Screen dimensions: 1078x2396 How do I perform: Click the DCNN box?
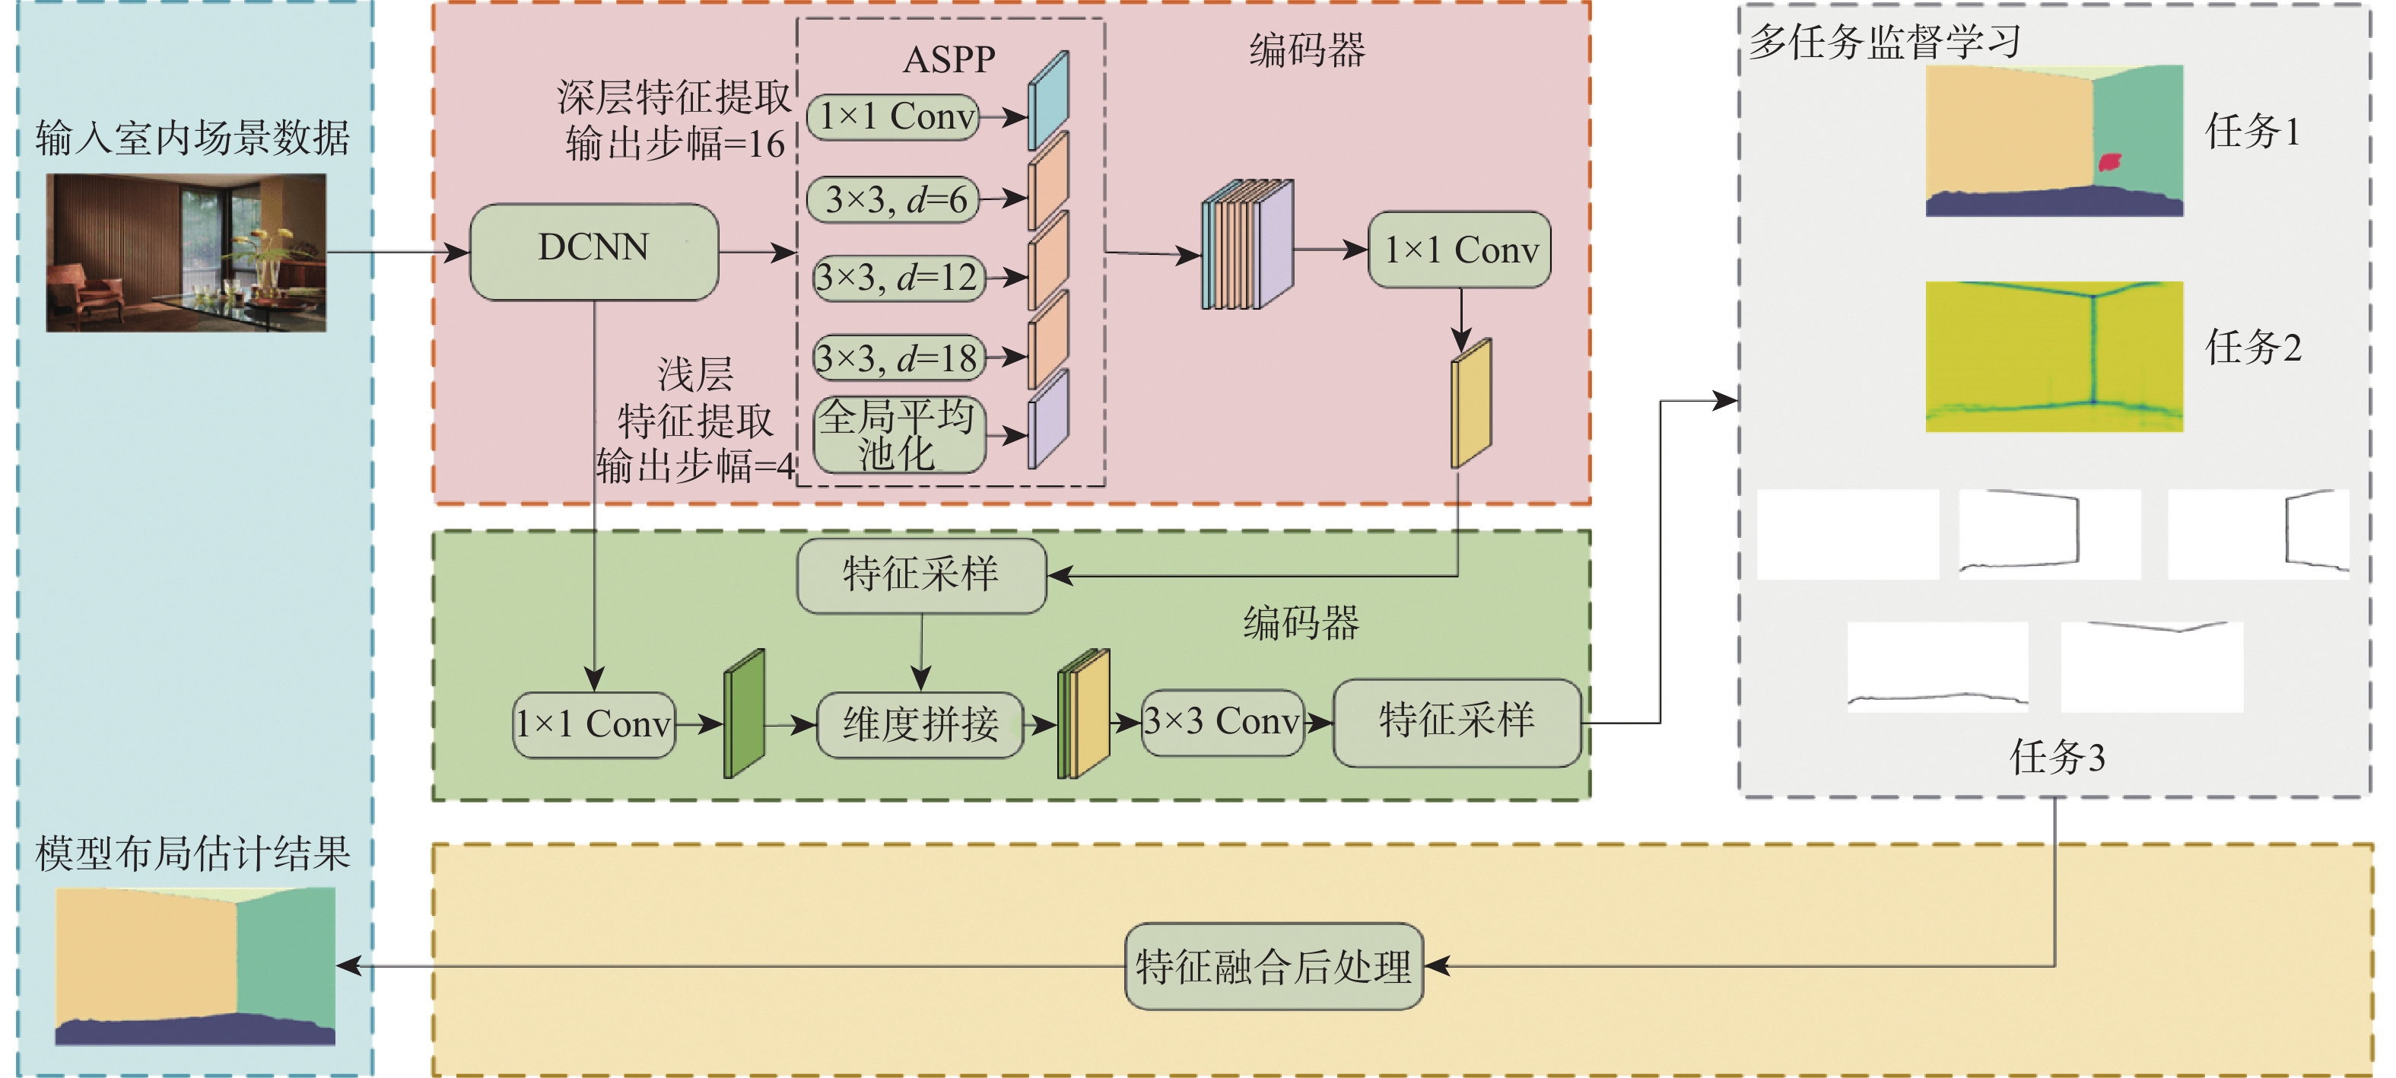pyautogui.click(x=593, y=251)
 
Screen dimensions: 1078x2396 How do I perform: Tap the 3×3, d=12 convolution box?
pyautogui.click(x=898, y=277)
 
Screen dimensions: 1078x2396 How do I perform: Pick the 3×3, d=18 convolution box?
pyautogui.click(x=898, y=357)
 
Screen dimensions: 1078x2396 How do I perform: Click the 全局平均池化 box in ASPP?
pyautogui.click(x=898, y=434)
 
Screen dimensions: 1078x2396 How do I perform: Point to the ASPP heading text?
pyautogui.click(x=949, y=59)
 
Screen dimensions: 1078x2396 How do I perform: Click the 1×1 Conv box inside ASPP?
pyautogui.click(x=893, y=117)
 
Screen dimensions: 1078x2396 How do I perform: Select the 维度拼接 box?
pyautogui.click(x=920, y=723)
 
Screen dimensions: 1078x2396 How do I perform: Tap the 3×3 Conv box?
pyautogui.click(x=1222, y=722)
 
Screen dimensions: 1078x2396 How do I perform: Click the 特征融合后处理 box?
pyautogui.click(x=1273, y=966)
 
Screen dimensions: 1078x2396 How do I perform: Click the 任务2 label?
pyautogui.click(x=2253, y=347)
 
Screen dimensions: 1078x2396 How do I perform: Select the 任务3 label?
pyautogui.click(x=2058, y=756)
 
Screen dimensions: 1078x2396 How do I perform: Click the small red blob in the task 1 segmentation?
pyautogui.click(x=2109, y=163)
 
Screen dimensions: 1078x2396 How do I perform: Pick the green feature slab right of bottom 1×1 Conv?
pyautogui.click(x=744, y=714)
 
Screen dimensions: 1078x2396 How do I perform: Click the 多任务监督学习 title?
pyautogui.click(x=1884, y=42)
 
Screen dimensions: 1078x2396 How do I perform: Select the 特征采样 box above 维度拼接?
pyautogui.click(x=921, y=575)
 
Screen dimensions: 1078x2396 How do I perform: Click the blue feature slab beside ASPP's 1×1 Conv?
pyautogui.click(x=1047, y=100)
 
